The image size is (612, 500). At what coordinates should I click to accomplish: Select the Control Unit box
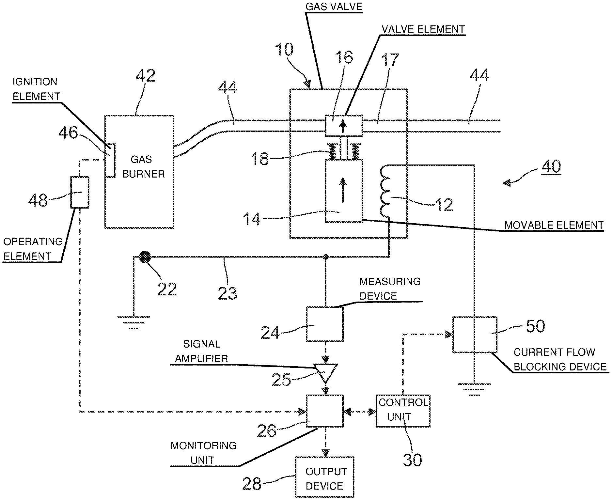(x=403, y=411)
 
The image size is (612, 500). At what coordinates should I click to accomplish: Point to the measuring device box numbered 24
(x=324, y=324)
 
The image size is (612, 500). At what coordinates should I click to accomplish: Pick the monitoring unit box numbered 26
(x=324, y=411)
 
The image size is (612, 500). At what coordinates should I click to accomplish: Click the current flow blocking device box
(x=475, y=334)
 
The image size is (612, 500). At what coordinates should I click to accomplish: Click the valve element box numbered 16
(x=344, y=126)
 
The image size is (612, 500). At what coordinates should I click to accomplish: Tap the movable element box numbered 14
(x=344, y=191)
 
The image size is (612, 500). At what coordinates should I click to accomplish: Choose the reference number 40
(x=551, y=166)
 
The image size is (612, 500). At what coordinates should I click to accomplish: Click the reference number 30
(x=412, y=460)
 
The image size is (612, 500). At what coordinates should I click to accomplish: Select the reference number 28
(x=252, y=483)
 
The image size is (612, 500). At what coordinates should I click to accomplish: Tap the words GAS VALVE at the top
(x=334, y=7)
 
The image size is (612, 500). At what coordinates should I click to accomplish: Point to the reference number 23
(x=227, y=293)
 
